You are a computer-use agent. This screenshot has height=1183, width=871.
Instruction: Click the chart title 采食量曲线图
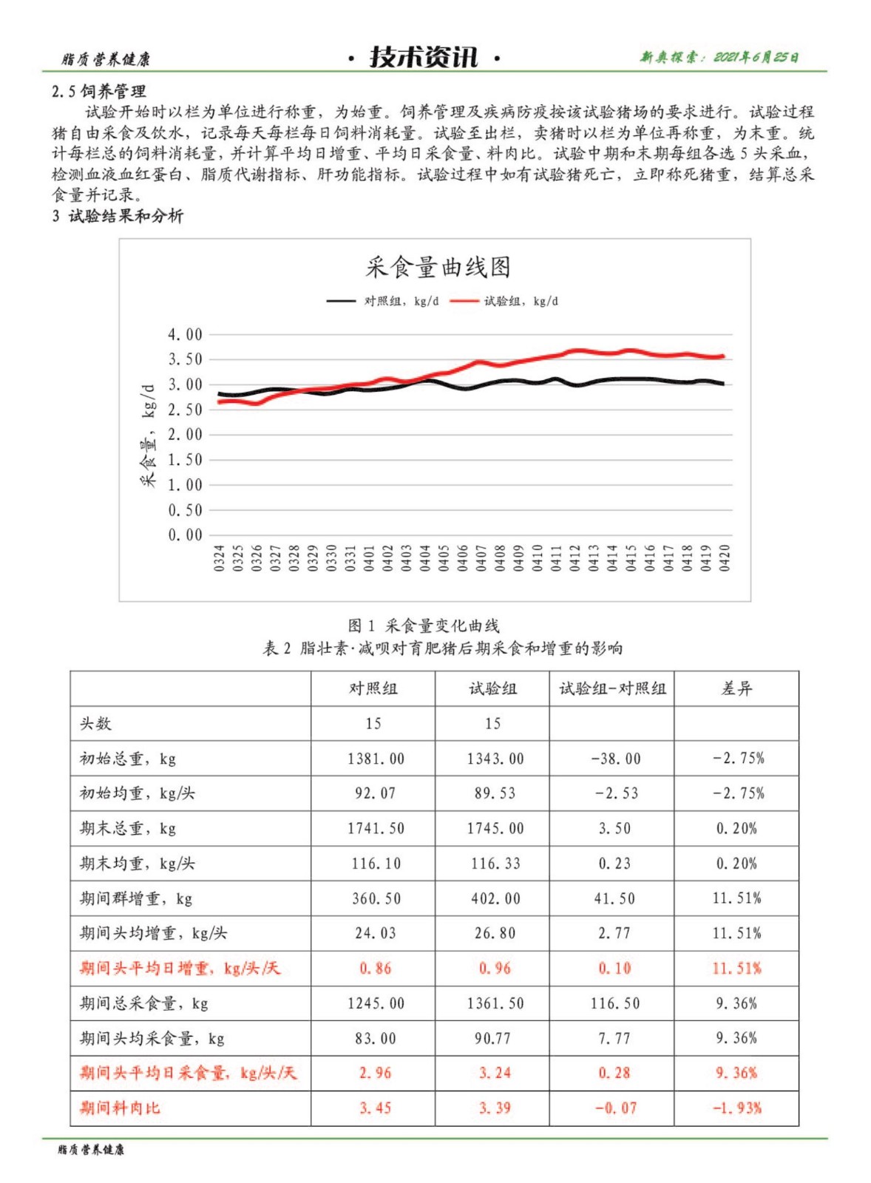tap(438, 267)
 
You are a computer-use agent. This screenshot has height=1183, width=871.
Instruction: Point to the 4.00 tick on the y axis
tap(185, 334)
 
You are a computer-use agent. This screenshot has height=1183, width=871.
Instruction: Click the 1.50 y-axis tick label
tap(185, 460)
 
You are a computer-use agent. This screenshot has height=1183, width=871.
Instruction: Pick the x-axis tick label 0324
tap(219, 558)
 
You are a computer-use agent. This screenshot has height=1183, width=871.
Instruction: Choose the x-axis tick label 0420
tap(725, 558)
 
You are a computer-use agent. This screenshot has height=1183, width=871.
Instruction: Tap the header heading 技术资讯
tap(424, 57)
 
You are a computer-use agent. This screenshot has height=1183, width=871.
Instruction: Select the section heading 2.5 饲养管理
tap(99, 92)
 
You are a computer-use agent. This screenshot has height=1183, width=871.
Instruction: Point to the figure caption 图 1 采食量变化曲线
tap(424, 626)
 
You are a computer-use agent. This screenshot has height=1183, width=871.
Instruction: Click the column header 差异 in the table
tap(736, 688)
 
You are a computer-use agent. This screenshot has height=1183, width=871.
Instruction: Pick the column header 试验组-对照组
tap(612, 688)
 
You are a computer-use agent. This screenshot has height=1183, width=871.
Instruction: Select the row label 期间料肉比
tap(120, 1108)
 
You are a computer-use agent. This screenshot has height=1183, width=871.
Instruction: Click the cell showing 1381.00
tap(376, 759)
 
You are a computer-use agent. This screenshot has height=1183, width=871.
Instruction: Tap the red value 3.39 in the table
tap(494, 1108)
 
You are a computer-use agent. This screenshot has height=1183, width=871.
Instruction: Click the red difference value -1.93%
tap(736, 1108)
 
